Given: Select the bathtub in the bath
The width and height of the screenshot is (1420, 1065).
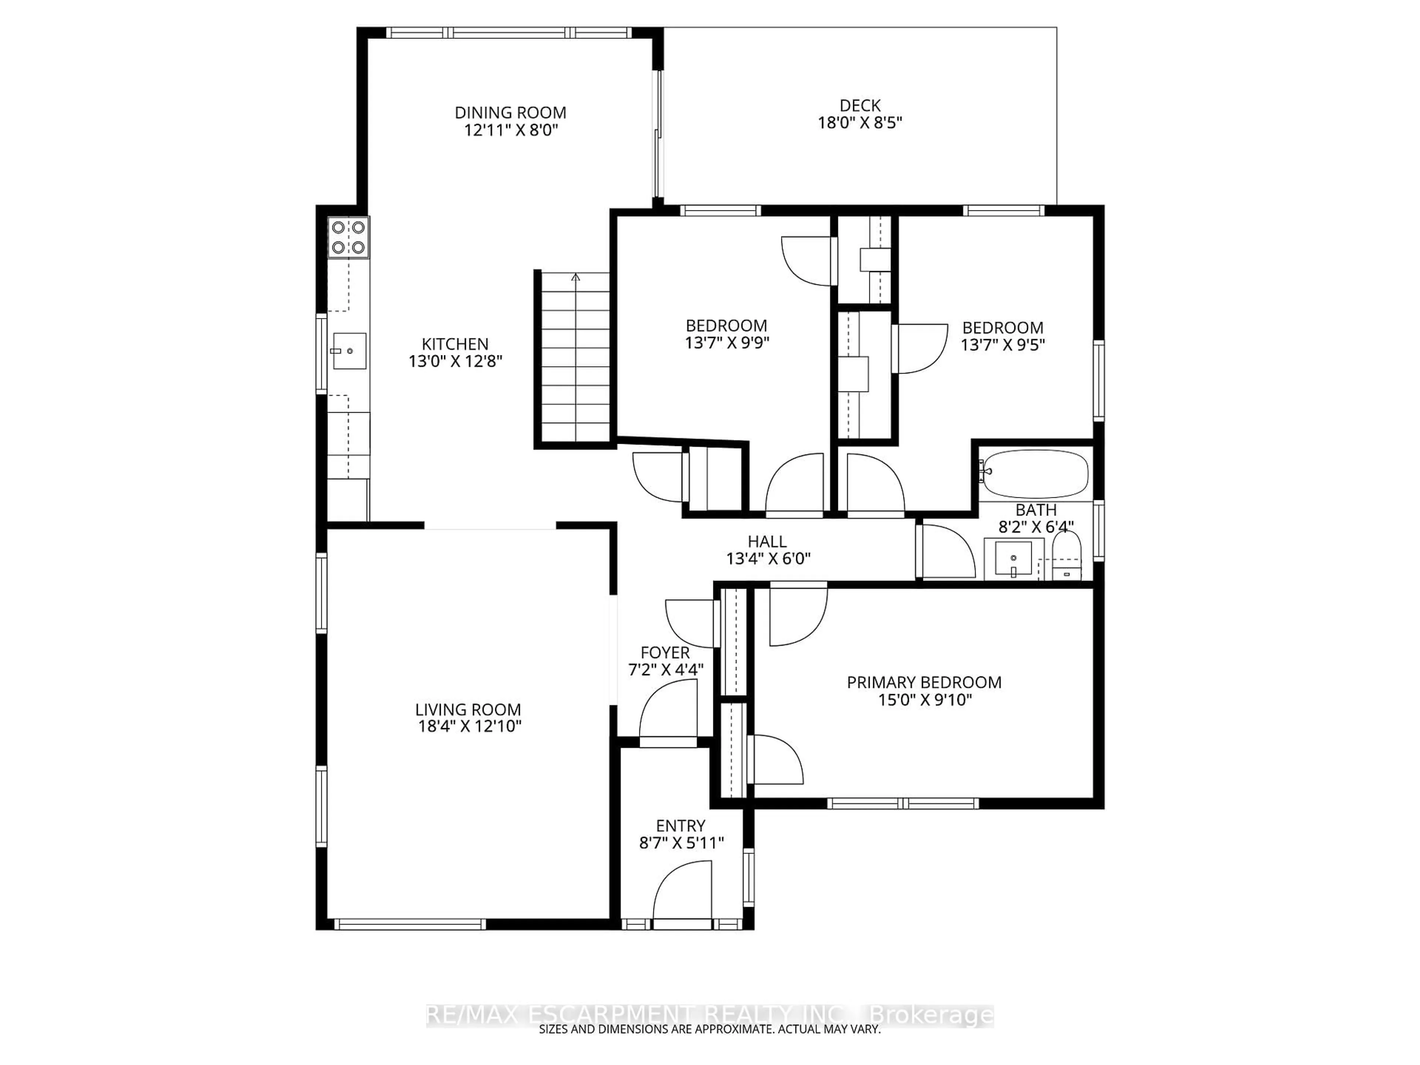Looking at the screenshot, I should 1035,474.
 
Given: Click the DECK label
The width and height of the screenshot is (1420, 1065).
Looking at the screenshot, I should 859,105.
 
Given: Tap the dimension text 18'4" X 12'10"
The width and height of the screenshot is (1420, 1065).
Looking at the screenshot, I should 468,726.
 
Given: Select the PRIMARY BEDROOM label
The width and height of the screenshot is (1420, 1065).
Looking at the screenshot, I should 924,682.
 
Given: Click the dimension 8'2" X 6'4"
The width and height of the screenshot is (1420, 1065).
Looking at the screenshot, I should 1035,527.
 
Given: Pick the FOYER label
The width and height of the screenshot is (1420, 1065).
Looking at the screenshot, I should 665,653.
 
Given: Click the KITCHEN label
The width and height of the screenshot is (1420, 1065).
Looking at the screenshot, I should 455,344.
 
